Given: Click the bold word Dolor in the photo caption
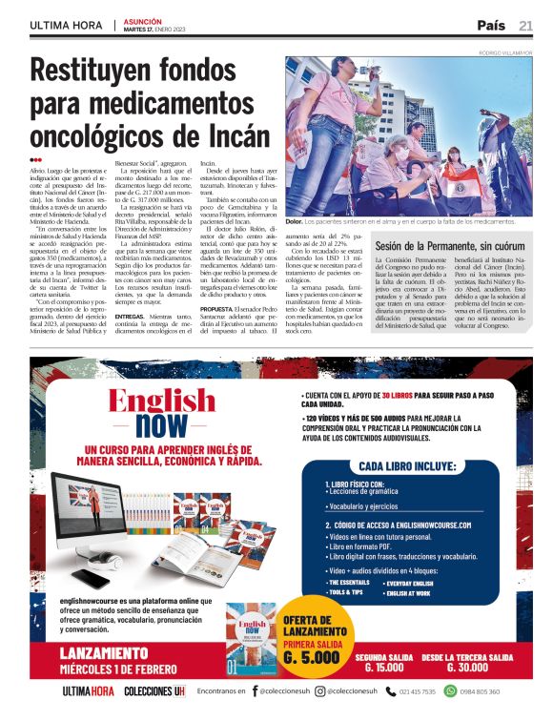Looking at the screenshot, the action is click(x=294, y=221).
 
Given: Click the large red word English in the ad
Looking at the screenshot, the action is click(x=162, y=401).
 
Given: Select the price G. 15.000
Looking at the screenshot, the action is click(x=384, y=667).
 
